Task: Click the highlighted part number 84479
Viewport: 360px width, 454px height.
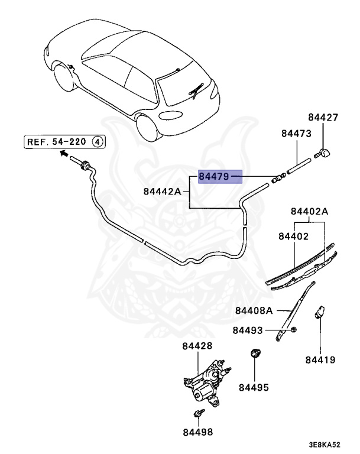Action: tap(214, 176)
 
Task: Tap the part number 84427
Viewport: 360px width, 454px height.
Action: tap(323, 117)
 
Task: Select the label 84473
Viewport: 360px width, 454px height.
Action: tap(296, 134)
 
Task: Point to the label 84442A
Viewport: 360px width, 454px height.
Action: tap(162, 192)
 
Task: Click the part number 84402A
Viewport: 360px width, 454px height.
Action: tap(309, 212)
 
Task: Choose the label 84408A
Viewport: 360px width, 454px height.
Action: tap(254, 311)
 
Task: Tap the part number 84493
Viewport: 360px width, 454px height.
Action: tap(248, 330)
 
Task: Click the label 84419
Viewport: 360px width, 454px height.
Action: tap(320, 360)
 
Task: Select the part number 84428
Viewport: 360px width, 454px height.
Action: tap(197, 346)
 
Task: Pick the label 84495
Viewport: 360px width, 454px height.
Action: tap(254, 387)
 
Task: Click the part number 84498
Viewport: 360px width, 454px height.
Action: tap(198, 432)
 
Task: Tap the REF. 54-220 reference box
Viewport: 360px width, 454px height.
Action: tap(64, 142)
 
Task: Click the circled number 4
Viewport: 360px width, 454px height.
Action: tap(98, 142)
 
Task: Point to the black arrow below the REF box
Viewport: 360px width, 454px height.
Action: tap(64, 153)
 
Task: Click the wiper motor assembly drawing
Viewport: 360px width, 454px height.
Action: tap(207, 382)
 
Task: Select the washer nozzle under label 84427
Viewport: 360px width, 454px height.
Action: tap(323, 153)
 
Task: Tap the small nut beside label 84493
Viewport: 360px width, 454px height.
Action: tap(293, 329)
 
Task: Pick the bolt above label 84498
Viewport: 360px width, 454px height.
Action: tap(199, 413)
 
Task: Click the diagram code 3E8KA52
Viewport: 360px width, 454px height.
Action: tap(324, 445)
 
